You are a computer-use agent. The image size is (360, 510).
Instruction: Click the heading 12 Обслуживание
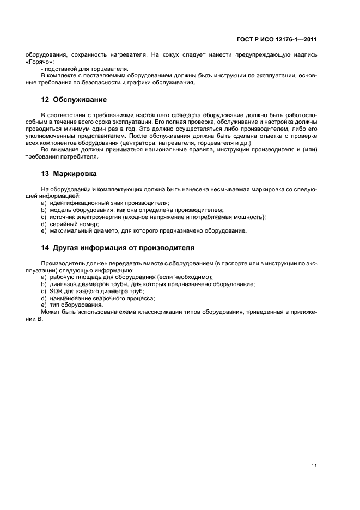tap(74, 100)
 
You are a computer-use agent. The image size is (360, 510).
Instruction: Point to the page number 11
tap(314, 450)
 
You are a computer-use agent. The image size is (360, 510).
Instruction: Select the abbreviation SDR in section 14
tap(56, 291)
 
